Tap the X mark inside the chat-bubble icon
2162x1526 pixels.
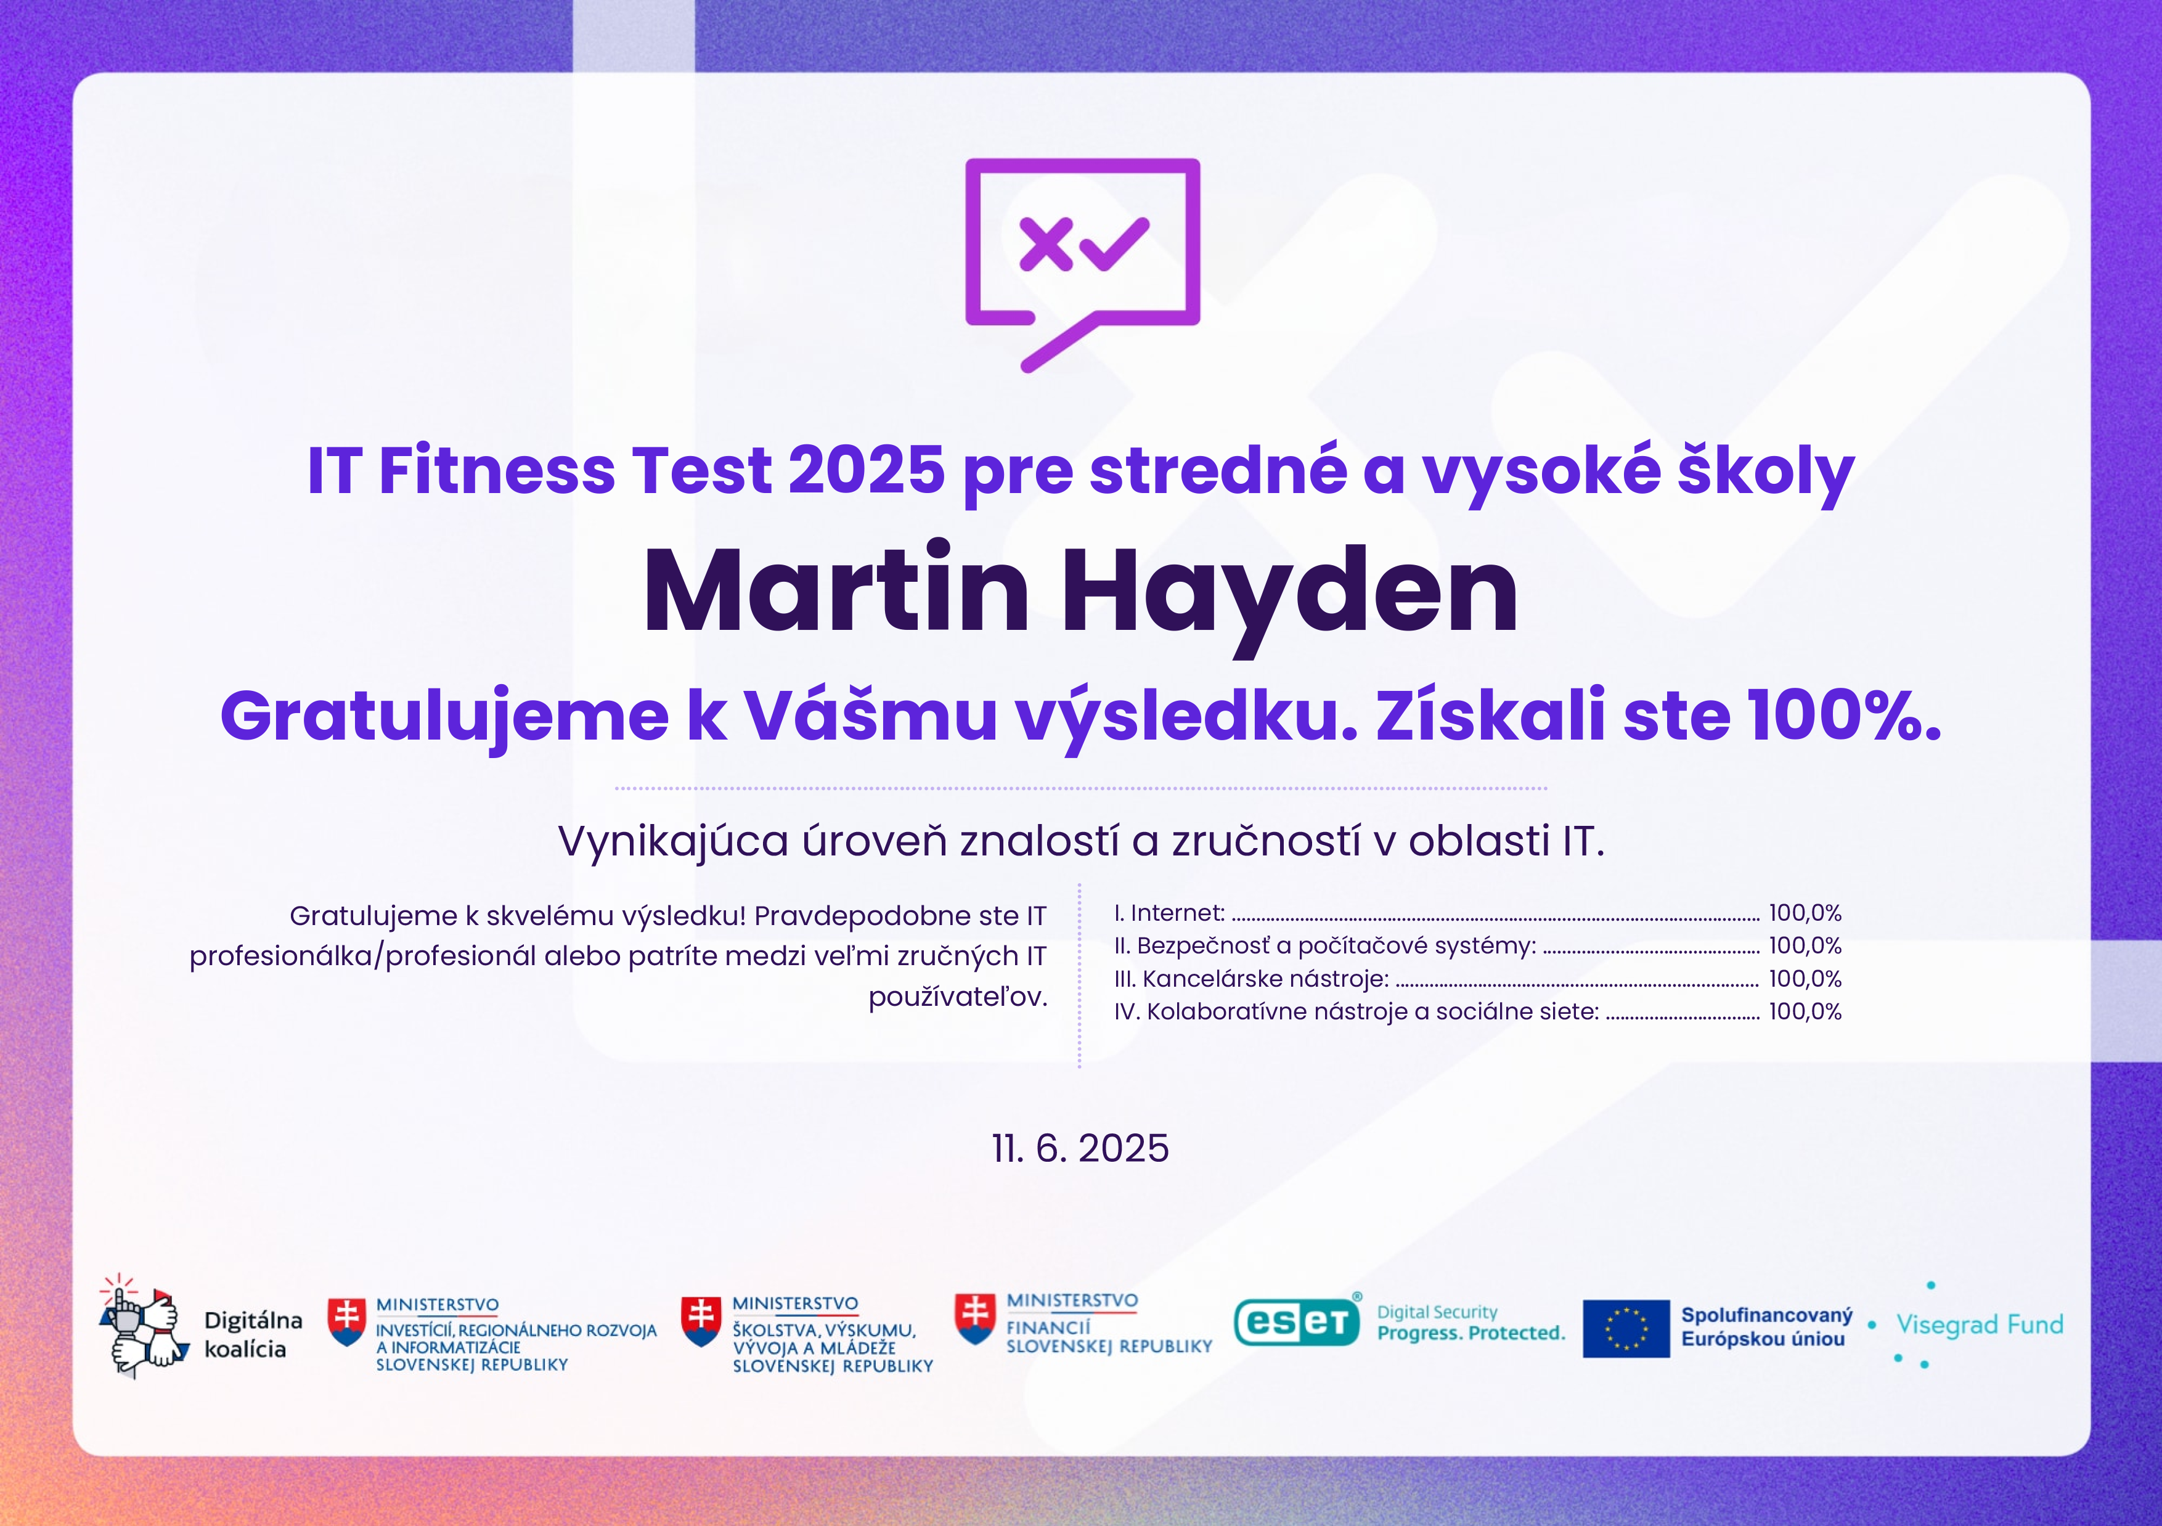coord(1046,245)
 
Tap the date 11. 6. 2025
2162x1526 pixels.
coord(1080,1148)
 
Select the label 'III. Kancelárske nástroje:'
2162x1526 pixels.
coord(1252,979)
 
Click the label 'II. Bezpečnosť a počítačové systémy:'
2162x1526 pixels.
coord(1325,946)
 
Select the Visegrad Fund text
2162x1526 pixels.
coord(1980,1324)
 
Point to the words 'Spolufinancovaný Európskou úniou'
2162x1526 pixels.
coord(1766,1326)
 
